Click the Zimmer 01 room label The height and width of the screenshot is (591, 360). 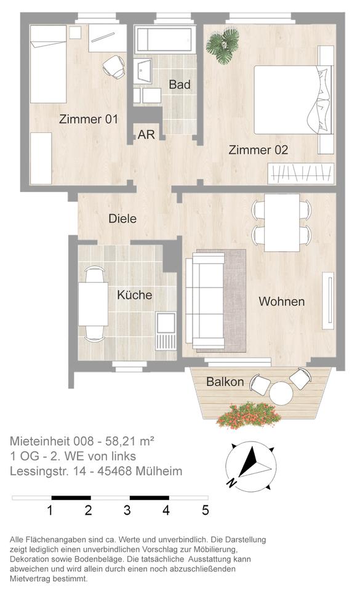point(89,119)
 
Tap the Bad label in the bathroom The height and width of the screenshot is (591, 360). point(180,84)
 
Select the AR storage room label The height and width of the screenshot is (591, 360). point(146,135)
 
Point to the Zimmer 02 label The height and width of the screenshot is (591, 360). point(258,150)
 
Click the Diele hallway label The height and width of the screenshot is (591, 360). point(122,219)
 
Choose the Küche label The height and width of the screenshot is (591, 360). point(134,295)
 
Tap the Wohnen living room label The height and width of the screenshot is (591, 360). point(282,302)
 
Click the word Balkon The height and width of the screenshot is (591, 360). point(225,382)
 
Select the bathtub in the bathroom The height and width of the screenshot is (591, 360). point(165,39)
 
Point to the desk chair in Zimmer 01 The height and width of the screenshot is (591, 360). point(114,67)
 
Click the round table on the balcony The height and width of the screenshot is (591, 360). point(281,393)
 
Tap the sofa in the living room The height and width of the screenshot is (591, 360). point(205,301)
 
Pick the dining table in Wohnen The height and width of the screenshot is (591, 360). point(282,222)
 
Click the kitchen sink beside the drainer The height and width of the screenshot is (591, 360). point(166,322)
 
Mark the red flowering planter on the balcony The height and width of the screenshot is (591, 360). point(249,416)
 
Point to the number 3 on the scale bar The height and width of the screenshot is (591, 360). point(127,510)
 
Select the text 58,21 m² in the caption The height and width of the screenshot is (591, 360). point(130,441)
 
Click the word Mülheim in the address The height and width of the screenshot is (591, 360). point(159,471)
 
